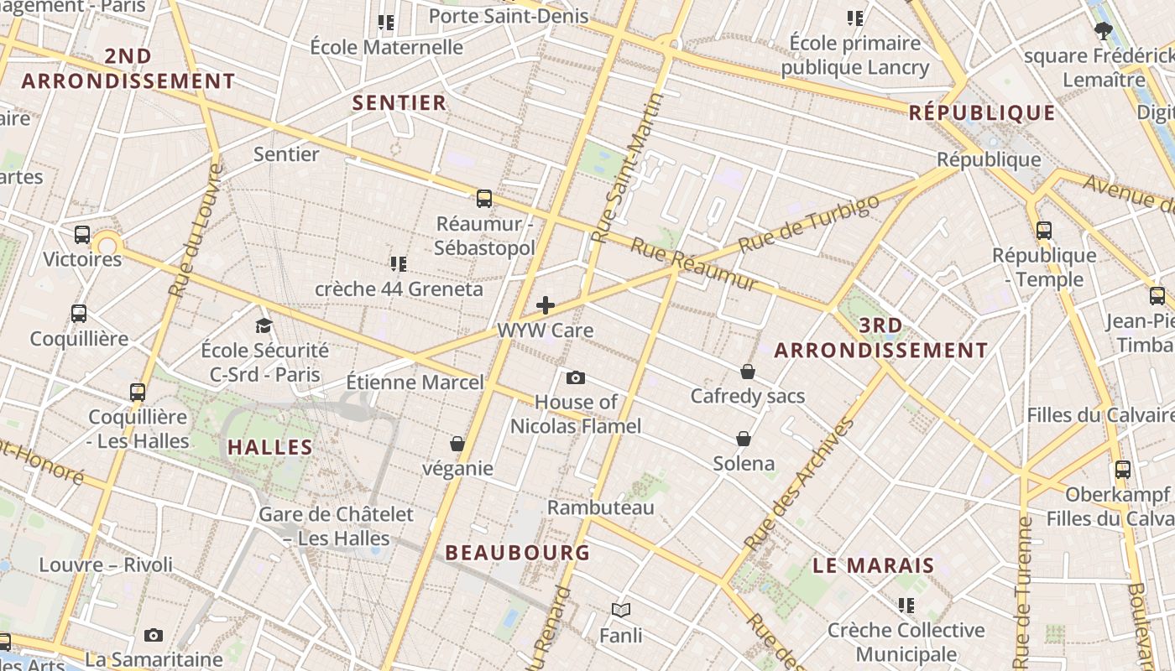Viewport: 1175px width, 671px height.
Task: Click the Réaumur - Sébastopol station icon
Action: pyautogui.click(x=484, y=199)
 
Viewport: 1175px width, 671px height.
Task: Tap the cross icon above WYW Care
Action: pyautogui.click(x=546, y=305)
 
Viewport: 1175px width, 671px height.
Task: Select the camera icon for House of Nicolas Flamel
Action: pyautogui.click(x=576, y=377)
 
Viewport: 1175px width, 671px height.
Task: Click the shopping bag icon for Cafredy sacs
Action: pyautogui.click(x=747, y=372)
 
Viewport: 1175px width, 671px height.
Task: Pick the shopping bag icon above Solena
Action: pyautogui.click(x=744, y=439)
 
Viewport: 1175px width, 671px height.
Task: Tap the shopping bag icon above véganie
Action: pyautogui.click(x=457, y=444)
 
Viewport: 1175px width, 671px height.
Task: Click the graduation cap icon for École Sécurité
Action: pyautogui.click(x=264, y=325)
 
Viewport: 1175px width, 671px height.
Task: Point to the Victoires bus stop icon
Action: pyautogui.click(x=81, y=235)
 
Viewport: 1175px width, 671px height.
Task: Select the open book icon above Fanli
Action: pyautogui.click(x=621, y=611)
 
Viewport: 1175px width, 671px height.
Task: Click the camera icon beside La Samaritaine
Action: pyautogui.click(x=153, y=636)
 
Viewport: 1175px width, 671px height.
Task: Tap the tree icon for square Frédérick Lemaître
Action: pyautogui.click(x=1104, y=32)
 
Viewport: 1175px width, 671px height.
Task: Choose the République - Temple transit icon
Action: pyautogui.click(x=1044, y=231)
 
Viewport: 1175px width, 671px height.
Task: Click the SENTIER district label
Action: pyautogui.click(x=399, y=103)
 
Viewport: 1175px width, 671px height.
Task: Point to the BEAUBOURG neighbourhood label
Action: pyautogui.click(x=518, y=553)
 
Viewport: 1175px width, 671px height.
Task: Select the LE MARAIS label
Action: pyautogui.click(x=874, y=565)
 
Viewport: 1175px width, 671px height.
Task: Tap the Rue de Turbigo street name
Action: pyautogui.click(x=809, y=223)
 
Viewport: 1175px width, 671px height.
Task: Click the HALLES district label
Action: pyautogui.click(x=270, y=447)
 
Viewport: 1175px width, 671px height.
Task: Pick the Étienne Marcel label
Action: pyautogui.click(x=415, y=382)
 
